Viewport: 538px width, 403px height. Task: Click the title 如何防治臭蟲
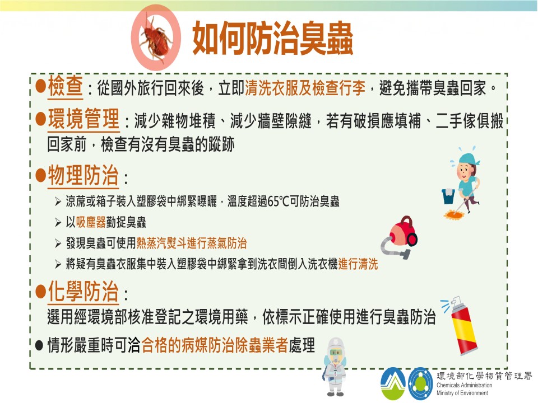click(273, 39)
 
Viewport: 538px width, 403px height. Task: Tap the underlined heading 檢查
click(65, 86)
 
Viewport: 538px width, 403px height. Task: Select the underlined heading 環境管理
click(84, 119)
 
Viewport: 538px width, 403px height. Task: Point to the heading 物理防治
click(84, 175)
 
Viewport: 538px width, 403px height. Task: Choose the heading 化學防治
click(84, 292)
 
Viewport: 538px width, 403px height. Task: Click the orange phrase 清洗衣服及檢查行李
click(305, 88)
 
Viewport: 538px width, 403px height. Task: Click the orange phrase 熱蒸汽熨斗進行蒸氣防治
click(192, 243)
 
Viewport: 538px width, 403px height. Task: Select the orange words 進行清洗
click(358, 264)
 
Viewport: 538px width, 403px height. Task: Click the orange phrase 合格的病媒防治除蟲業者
click(215, 345)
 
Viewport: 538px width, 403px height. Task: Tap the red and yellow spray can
click(461, 326)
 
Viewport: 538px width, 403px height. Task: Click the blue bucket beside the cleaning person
click(448, 196)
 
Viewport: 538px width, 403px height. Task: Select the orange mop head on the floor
click(453, 215)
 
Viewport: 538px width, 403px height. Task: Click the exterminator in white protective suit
click(334, 366)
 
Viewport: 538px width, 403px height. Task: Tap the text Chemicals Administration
click(464, 385)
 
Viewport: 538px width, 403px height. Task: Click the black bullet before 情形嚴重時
click(39, 345)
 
